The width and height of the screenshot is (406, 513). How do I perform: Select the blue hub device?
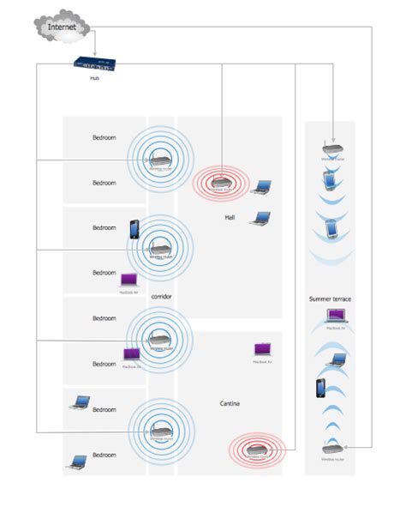click(x=93, y=63)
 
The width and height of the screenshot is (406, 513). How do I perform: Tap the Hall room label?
click(x=230, y=218)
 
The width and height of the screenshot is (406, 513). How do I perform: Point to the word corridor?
click(x=161, y=297)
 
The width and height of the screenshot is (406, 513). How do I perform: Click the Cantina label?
click(x=230, y=403)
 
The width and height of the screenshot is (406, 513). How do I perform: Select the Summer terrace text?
click(x=331, y=299)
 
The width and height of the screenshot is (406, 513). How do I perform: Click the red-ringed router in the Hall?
click(x=221, y=181)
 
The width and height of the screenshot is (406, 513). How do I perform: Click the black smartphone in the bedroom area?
click(x=134, y=230)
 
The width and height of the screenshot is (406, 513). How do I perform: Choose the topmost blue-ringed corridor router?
click(x=158, y=160)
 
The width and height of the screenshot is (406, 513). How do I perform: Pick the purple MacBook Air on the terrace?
click(x=336, y=318)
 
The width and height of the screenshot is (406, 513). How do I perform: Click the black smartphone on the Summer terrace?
click(x=322, y=388)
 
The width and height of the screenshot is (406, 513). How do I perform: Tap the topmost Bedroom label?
click(x=104, y=137)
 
